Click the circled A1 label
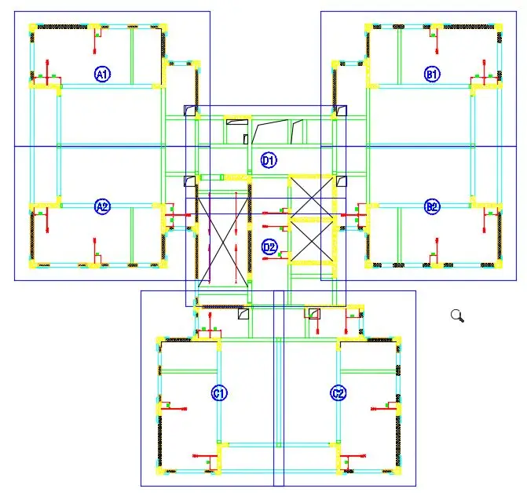[102, 75]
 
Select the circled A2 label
[102, 207]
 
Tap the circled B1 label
[432, 75]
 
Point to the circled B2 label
[432, 207]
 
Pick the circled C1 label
[219, 392]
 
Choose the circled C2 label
[338, 392]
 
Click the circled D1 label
[269, 161]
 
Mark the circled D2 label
[269, 247]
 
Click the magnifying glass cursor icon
[457, 316]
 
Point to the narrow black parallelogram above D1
[297, 130]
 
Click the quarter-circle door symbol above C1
[243, 314]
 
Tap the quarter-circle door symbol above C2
[313, 314]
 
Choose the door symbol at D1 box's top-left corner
[190, 111]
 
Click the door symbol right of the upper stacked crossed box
[341, 182]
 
